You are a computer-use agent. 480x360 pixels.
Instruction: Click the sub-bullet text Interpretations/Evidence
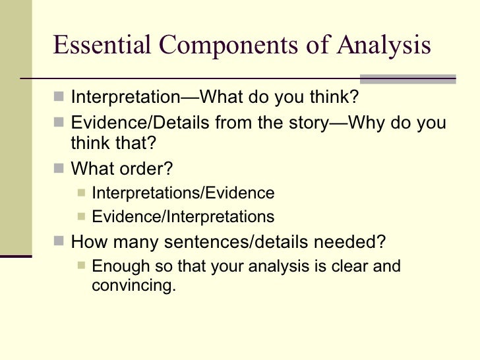(x=183, y=193)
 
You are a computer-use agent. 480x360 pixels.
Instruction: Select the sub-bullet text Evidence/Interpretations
(x=183, y=216)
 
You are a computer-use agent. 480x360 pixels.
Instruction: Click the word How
(x=86, y=241)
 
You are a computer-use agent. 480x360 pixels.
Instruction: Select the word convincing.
(x=135, y=287)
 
